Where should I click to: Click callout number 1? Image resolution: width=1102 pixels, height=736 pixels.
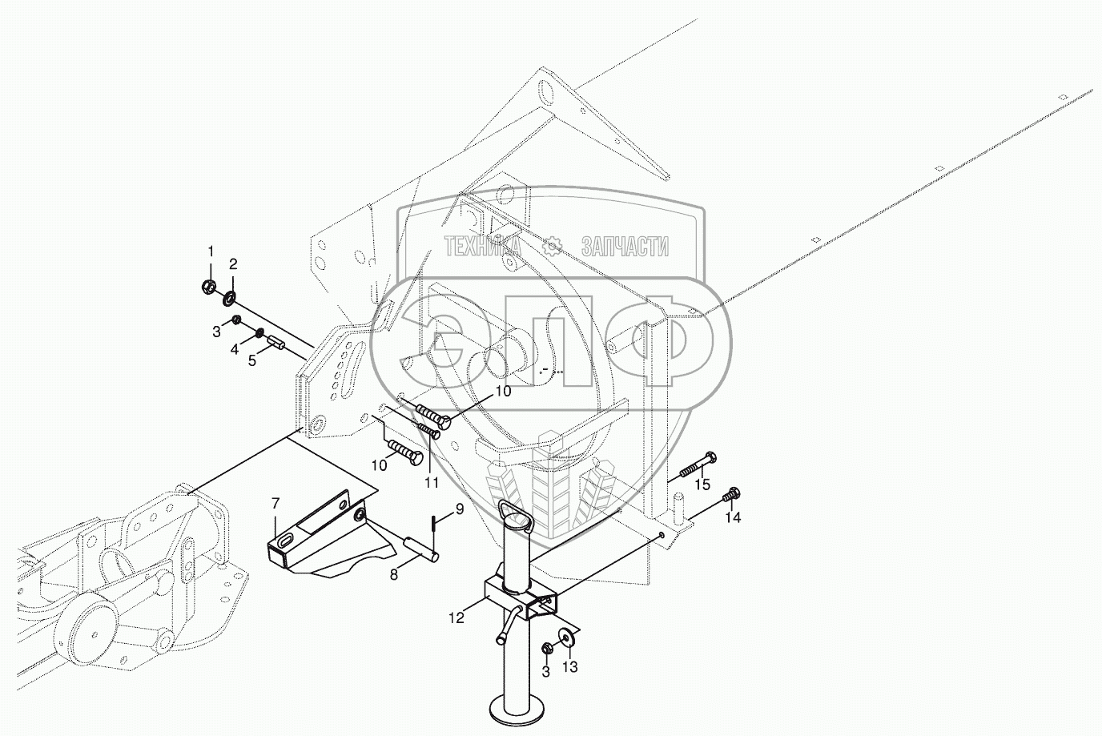point(211,252)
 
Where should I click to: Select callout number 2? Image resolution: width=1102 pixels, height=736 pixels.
point(233,264)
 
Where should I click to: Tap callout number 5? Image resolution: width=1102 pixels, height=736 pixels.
point(253,361)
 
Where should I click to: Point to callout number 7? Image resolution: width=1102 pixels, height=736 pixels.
point(275,504)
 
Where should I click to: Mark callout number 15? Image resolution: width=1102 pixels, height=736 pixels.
point(702,485)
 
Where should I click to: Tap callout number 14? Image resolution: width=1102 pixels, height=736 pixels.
point(733,517)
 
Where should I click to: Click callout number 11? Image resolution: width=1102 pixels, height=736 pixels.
point(432,482)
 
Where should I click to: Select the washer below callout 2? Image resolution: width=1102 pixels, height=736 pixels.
point(229,299)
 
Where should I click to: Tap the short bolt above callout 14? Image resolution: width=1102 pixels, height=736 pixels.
point(730,496)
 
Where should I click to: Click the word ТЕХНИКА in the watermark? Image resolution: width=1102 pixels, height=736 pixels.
point(482,247)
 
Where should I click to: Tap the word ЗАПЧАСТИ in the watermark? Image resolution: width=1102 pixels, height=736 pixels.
point(625,247)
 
